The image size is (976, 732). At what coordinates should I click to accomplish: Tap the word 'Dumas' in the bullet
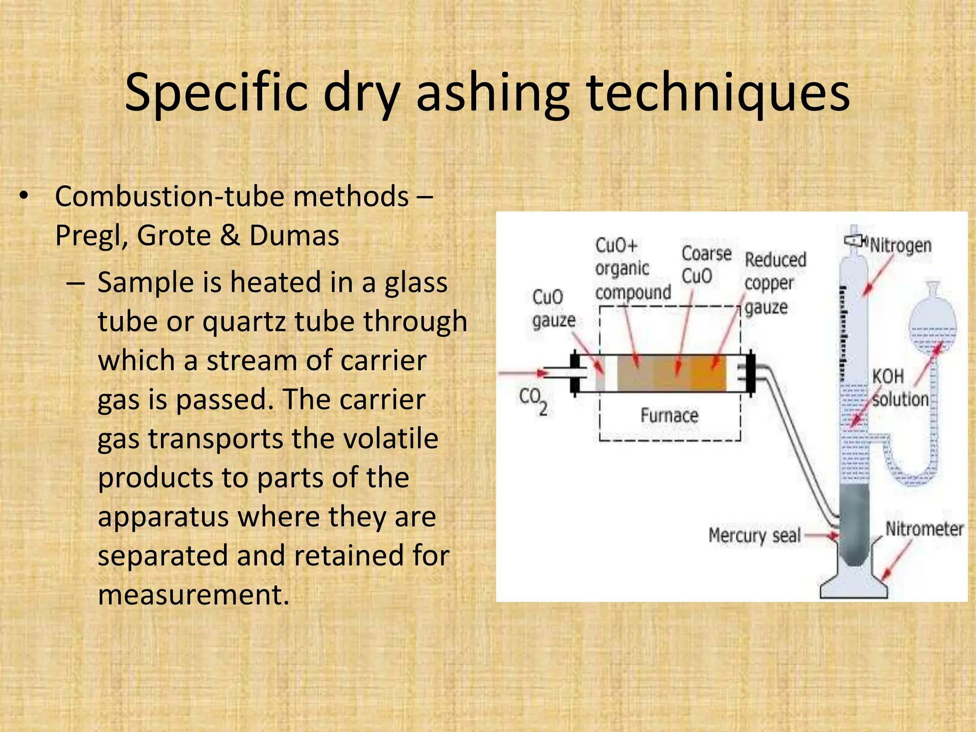pos(294,235)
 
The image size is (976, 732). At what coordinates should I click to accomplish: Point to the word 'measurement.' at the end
pos(193,595)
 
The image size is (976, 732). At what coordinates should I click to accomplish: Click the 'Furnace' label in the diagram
pos(669,416)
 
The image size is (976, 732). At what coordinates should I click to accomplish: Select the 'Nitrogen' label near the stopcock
pos(901,246)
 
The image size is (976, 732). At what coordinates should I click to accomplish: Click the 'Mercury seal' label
pos(754,535)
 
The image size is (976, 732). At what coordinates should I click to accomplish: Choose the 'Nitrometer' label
pos(924,529)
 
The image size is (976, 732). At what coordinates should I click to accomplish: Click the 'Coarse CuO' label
pos(705,264)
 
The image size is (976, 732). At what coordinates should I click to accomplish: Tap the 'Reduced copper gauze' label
pos(774,283)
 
